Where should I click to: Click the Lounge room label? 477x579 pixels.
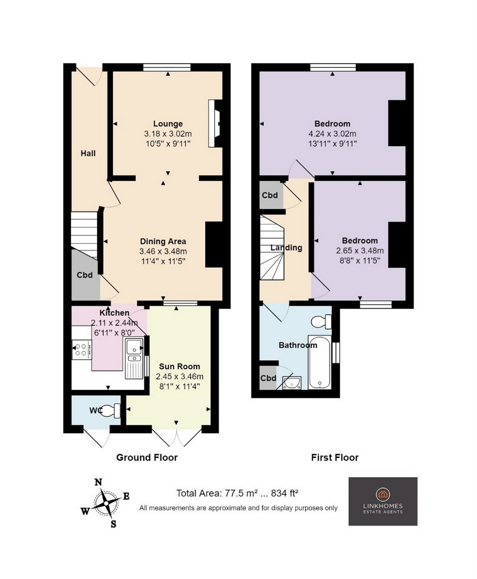[x=168, y=124]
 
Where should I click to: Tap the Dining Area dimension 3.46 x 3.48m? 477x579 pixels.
[x=163, y=252]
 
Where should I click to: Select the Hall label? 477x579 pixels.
[x=88, y=153]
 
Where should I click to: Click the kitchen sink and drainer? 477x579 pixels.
[x=134, y=358]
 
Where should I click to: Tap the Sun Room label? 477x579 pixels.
[x=179, y=366]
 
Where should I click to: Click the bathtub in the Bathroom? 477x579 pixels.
[x=319, y=362]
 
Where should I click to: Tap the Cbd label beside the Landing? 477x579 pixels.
[x=270, y=195]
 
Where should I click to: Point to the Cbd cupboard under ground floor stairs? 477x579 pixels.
[x=85, y=275]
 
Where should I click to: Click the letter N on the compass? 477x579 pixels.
[x=99, y=482]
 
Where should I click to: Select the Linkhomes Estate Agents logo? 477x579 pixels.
[x=383, y=501]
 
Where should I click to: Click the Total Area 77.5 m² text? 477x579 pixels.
[x=237, y=493]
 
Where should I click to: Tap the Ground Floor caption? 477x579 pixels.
[x=147, y=457]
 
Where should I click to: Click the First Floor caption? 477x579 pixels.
[x=335, y=457]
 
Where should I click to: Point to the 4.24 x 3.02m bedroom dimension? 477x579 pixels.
[x=332, y=134]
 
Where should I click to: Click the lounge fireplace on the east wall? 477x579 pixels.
[x=215, y=123]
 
